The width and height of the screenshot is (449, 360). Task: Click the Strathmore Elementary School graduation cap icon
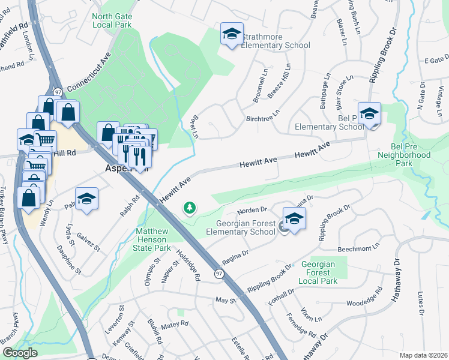(231, 34)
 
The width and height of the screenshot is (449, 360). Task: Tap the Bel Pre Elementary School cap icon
(370, 113)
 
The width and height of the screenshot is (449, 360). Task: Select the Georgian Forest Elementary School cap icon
(294, 219)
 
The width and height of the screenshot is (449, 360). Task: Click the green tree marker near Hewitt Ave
(190, 208)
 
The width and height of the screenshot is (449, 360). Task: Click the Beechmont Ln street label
(360, 247)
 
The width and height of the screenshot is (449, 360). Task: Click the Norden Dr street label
(252, 210)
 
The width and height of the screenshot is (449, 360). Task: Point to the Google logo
(20, 353)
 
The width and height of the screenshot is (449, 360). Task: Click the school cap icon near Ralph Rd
(86, 199)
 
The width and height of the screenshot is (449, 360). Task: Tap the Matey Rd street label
(175, 325)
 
